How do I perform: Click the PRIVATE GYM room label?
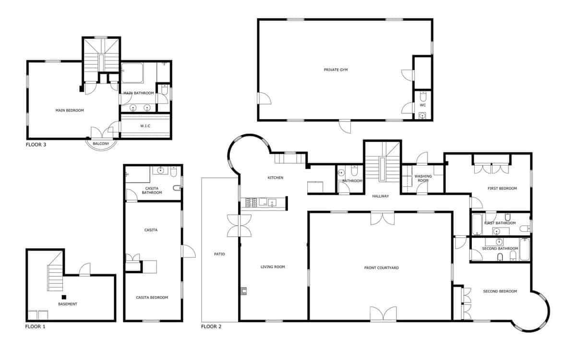pos(336,70)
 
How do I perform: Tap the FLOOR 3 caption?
pos(37,144)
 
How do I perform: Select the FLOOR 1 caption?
pos(36,326)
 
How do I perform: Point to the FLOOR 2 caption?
pos(211,326)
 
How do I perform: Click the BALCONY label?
pos(100,144)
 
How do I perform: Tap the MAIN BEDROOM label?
pos(70,110)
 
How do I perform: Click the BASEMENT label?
pos(68,304)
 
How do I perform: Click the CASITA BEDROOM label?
pos(152,298)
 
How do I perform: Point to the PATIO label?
pos(219,254)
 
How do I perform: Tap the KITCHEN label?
pos(276,178)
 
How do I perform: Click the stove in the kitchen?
pos(252,203)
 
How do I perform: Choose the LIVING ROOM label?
pos(273,267)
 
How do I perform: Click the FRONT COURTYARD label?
pos(382,268)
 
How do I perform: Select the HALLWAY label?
pos(381,196)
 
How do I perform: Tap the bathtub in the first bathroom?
pos(477,224)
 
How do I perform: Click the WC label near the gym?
pos(423,105)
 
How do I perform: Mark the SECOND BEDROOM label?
pos(500,291)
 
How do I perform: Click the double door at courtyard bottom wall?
pos(383,314)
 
